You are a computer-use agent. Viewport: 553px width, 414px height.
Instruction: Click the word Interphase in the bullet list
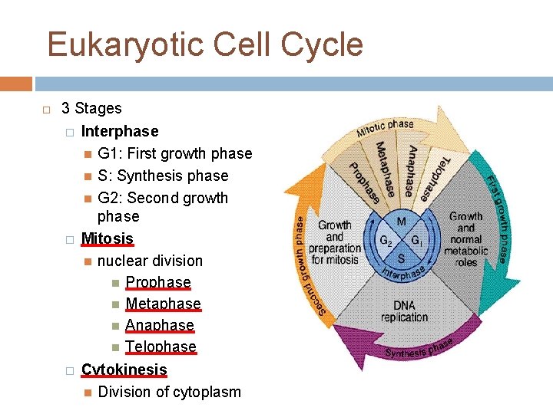(120, 131)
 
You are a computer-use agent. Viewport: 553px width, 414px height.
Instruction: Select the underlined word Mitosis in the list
(107, 238)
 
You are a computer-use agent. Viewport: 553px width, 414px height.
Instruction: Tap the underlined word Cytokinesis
(124, 370)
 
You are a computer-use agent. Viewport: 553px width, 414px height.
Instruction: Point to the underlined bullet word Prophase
(157, 281)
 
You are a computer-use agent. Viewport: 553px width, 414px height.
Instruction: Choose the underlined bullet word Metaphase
(163, 303)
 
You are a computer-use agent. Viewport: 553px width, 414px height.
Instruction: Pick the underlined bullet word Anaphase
(159, 325)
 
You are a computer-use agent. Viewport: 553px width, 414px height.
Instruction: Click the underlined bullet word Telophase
(161, 347)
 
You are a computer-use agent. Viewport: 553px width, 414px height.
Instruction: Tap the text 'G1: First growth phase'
(175, 153)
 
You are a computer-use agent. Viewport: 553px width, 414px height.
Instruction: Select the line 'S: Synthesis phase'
(163, 176)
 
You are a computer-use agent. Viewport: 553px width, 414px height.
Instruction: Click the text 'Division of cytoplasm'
(170, 392)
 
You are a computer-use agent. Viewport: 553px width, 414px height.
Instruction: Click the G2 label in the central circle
(386, 239)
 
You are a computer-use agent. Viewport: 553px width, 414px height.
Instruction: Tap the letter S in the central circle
(401, 258)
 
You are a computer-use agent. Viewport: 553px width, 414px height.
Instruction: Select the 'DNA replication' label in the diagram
(404, 311)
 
